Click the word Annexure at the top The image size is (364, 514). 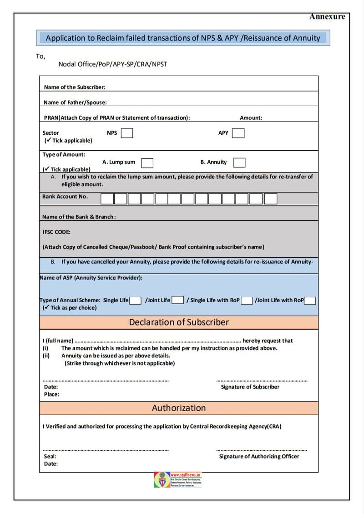pos(327,17)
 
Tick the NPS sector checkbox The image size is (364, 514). pos(127,133)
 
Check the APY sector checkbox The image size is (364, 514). pos(238,133)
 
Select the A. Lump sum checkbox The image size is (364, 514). pos(147,163)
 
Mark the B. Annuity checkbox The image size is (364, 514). pos(239,163)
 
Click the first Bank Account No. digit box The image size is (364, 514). pos(107,198)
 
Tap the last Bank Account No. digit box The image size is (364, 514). pos(271,198)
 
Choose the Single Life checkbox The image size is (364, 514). pos(135,300)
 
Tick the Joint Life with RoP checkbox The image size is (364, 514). pos(310,300)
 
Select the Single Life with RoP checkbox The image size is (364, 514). pos(247,300)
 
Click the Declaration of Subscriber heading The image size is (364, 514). pos(179,322)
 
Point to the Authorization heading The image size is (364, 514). pos(179,408)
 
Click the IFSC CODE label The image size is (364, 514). pos(56,232)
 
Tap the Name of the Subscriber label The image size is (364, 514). pos(75,87)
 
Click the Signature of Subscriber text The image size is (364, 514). pos(250,387)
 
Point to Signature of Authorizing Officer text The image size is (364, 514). pos(259,456)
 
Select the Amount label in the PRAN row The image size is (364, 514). pos(251,117)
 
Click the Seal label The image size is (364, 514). pos(50,456)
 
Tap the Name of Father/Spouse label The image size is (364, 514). pos(75,102)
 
